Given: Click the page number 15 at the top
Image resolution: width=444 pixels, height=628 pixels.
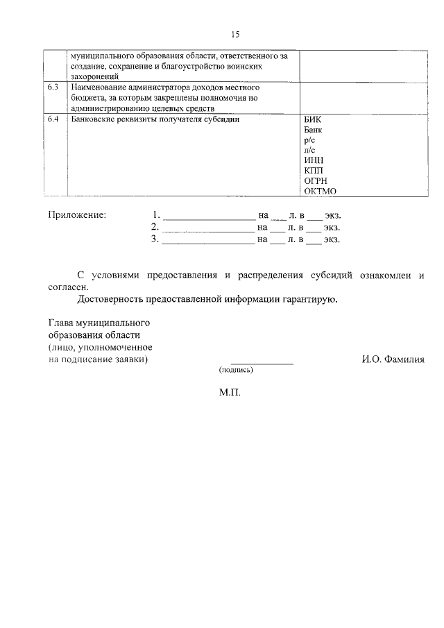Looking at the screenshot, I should (x=234, y=34).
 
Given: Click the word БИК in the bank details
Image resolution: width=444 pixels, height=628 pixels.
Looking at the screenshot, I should (x=313, y=119).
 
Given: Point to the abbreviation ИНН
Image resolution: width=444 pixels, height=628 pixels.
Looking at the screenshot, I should (x=314, y=160).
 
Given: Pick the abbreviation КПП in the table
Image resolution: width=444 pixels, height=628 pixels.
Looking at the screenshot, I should (x=314, y=171).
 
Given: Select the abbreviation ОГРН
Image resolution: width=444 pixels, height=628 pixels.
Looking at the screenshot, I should (x=316, y=181).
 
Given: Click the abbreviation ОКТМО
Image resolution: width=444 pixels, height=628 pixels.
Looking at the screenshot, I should (x=320, y=192).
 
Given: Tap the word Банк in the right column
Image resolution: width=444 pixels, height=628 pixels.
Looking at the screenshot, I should (x=314, y=130).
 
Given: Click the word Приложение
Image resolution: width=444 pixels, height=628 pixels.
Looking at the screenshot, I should (x=77, y=215).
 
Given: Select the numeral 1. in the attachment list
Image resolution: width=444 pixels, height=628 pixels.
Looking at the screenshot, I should (x=157, y=215).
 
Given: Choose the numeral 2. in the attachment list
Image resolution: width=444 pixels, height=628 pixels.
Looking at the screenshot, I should (x=155, y=228).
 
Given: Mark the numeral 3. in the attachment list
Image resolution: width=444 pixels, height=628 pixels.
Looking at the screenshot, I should (x=155, y=240).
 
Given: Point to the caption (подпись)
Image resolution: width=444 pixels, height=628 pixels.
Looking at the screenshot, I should (x=236, y=371).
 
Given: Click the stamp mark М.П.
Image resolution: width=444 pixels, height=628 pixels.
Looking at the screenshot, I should (x=230, y=392).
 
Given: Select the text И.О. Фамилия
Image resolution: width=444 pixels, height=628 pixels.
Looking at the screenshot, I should (x=393, y=359).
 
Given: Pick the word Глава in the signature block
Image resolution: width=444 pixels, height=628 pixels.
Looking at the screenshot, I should (x=61, y=323).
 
